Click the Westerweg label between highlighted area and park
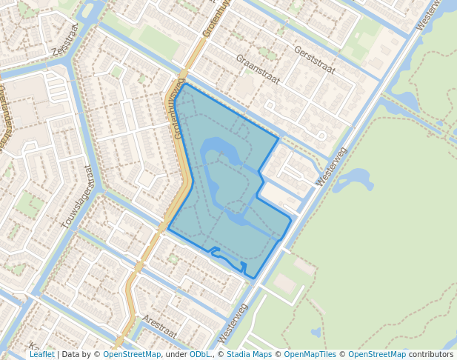331,166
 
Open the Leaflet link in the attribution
41,354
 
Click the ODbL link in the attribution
200,354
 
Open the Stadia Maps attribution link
248,354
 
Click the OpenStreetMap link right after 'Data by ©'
132,354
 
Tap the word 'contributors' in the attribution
431,354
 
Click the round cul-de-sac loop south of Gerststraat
321,136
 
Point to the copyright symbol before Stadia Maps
221,354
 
